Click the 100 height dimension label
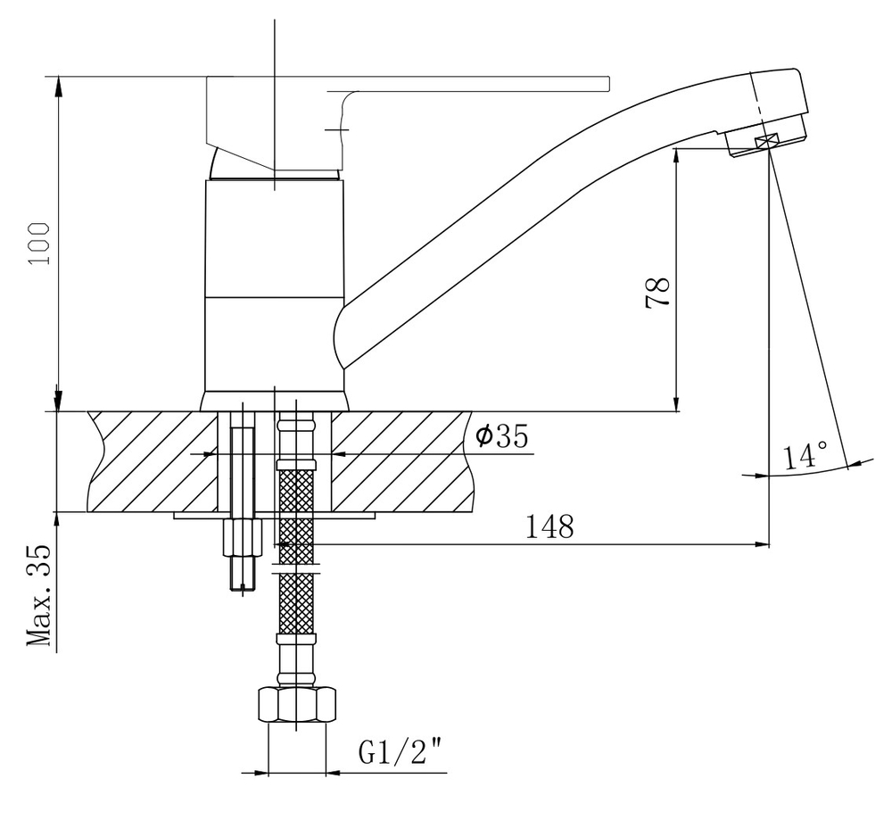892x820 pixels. pos(40,244)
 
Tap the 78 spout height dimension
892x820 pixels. pos(657,294)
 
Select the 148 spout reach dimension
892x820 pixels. pos(549,527)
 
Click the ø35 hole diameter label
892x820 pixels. pos(502,436)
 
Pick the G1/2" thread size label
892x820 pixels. pos(401,751)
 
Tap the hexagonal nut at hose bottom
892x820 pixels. pos(297,705)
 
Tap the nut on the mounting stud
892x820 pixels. pos(244,538)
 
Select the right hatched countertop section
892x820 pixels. pos(401,461)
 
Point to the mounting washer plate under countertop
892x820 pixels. pos(274,516)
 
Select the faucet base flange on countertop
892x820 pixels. pos(274,402)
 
